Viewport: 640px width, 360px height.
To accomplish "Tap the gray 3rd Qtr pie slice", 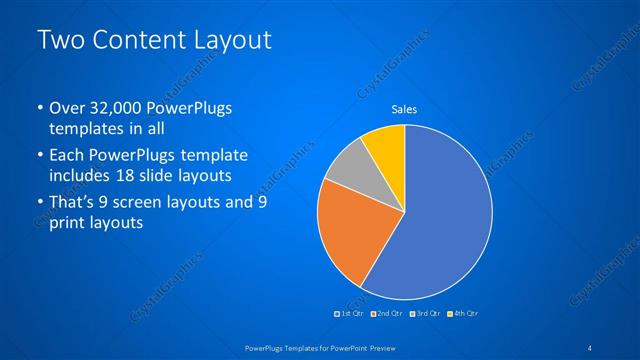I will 345,169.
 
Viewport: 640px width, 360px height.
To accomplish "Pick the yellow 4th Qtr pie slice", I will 386,146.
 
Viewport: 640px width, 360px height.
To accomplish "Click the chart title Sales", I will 404,110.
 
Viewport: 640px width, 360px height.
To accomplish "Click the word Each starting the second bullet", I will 68,156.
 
